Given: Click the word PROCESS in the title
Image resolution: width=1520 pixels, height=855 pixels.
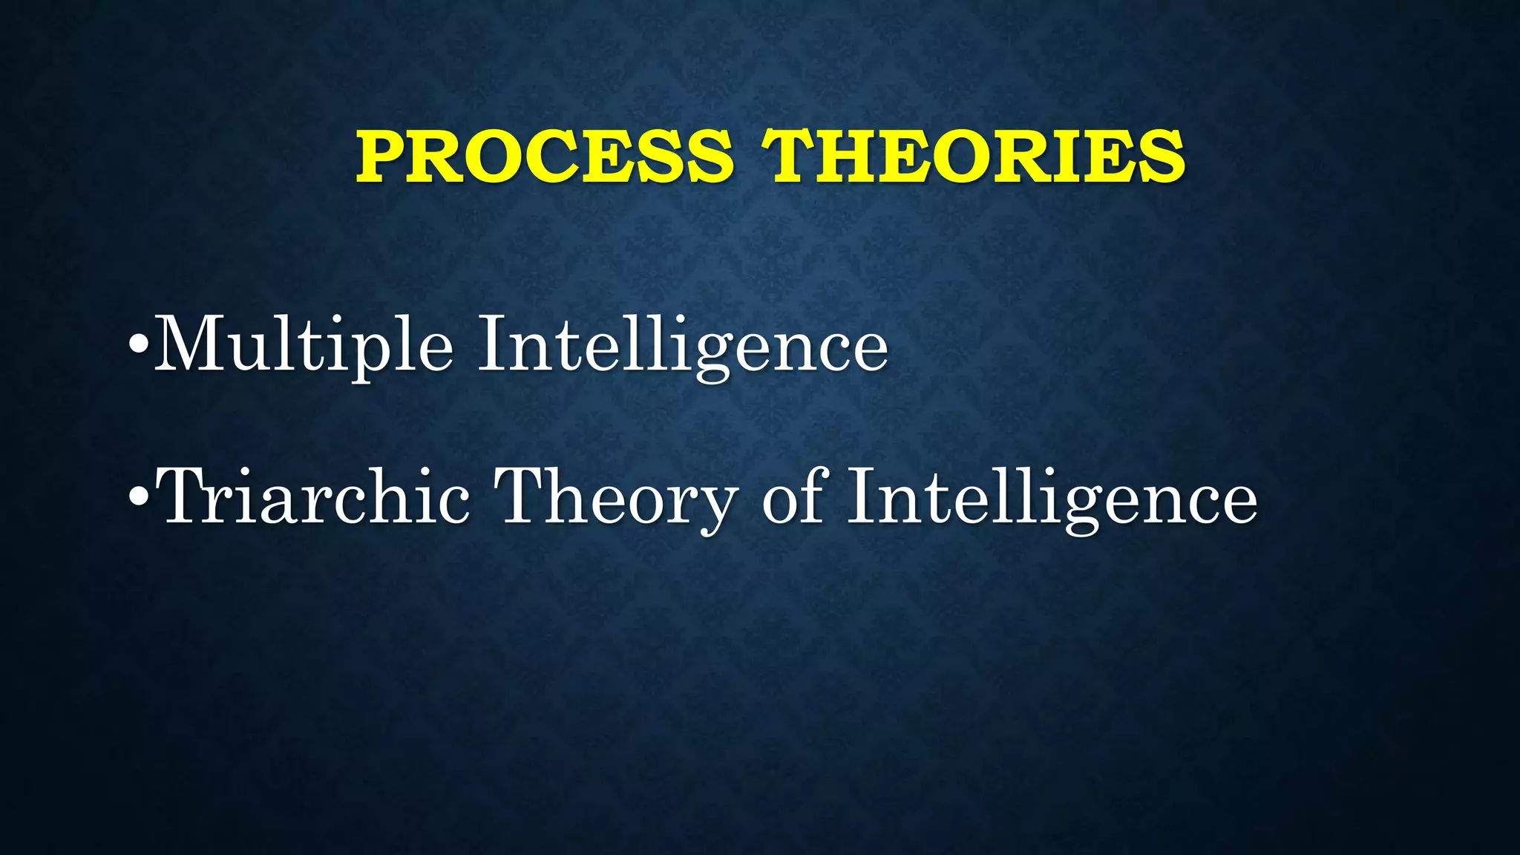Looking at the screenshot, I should click(x=545, y=157).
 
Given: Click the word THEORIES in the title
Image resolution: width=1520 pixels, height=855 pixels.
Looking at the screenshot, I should click(x=974, y=157).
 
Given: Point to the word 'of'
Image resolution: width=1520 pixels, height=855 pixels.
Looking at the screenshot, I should click(x=793, y=496).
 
